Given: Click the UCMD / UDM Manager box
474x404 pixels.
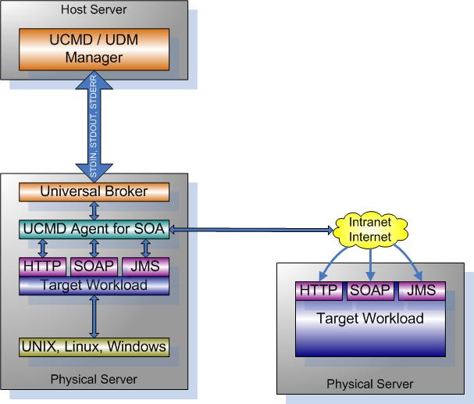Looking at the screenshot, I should [94, 49].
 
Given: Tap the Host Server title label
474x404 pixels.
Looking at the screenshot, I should [93, 9].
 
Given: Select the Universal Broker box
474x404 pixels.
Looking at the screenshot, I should [94, 191].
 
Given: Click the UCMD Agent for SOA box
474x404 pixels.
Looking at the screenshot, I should [94, 230].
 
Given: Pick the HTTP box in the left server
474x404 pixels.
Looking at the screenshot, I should [43, 266].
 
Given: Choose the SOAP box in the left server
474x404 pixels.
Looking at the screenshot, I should [94, 266].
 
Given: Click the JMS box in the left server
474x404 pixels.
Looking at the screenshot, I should [145, 266].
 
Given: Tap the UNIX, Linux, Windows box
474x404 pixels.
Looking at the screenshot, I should [94, 346].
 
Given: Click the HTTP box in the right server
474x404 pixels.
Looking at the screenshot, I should [319, 291].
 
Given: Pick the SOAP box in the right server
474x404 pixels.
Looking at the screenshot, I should [370, 291].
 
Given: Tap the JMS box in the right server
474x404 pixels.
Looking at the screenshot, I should [422, 291].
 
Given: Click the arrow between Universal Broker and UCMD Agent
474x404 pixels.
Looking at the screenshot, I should [94, 210].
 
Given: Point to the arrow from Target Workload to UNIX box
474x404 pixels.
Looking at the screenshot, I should [94, 316].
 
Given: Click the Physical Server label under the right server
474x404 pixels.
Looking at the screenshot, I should [369, 384].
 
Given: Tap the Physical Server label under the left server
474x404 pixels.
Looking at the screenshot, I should [94, 379].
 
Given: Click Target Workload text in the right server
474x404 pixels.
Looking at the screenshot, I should [370, 318].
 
